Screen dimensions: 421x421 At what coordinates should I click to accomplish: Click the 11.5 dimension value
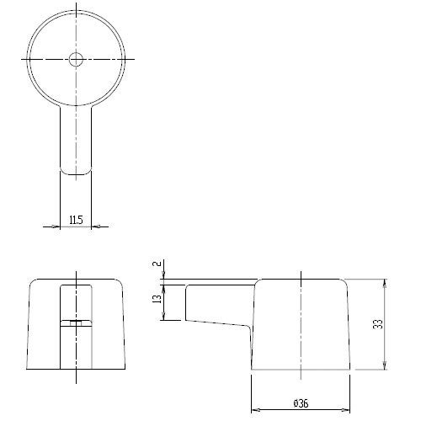click(76, 220)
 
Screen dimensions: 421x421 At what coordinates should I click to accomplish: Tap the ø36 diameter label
click(301, 403)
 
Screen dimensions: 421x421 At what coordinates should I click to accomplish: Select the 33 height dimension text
click(379, 324)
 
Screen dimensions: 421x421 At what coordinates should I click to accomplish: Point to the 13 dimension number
click(158, 299)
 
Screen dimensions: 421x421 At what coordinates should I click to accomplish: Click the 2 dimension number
click(158, 264)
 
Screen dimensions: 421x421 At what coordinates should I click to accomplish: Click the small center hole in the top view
click(76, 59)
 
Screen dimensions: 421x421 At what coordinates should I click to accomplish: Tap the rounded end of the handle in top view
click(76, 171)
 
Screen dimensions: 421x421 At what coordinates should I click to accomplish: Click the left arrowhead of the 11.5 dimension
click(56, 226)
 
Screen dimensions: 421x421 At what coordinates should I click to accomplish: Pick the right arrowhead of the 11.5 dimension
click(95, 226)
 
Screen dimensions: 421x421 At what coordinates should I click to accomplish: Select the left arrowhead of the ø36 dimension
click(255, 410)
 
